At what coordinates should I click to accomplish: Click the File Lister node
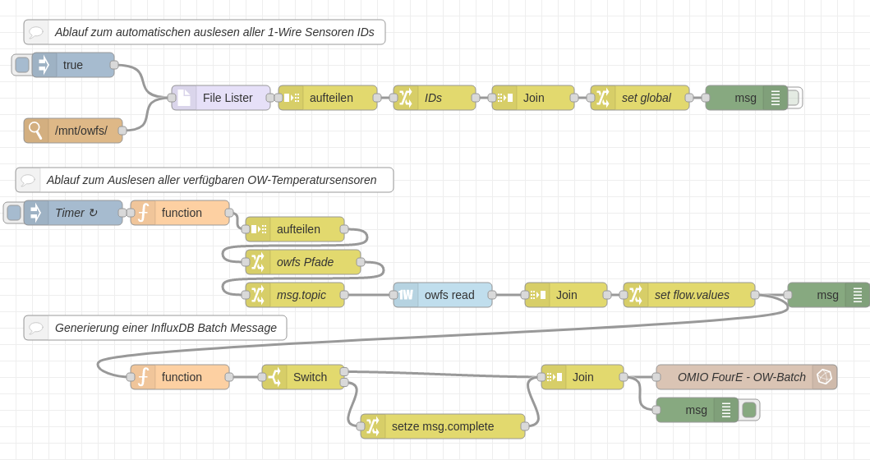221,98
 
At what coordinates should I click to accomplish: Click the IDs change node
435,98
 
